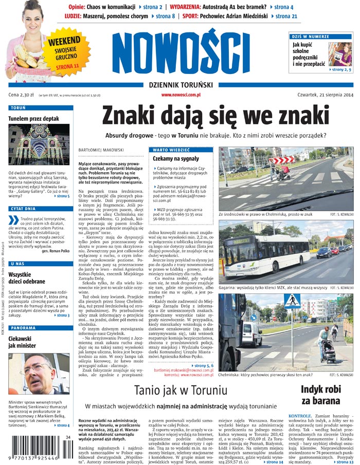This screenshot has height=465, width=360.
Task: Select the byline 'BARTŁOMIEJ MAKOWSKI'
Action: coord(101,150)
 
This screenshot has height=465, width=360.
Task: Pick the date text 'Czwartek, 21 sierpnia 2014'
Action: coord(321,95)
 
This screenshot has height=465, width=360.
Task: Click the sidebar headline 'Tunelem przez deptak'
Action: coord(33,118)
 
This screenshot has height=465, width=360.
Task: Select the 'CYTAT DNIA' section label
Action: coord(24,209)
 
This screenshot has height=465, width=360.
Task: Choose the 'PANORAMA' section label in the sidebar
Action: coord(23,327)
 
